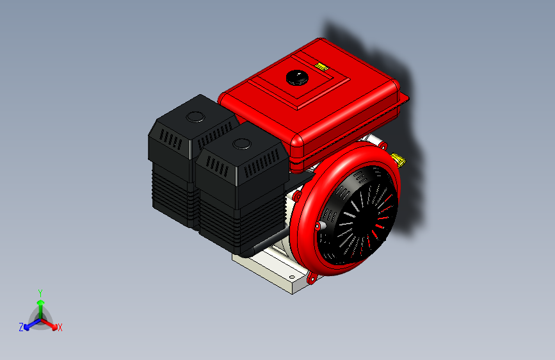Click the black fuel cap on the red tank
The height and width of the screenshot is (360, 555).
click(296, 78)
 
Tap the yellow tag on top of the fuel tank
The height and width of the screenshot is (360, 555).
click(321, 65)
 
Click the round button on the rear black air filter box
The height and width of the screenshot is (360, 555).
click(193, 117)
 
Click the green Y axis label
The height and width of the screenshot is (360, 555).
click(40, 292)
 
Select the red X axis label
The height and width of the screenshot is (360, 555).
click(60, 327)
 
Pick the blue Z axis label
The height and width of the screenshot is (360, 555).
click(21, 327)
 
